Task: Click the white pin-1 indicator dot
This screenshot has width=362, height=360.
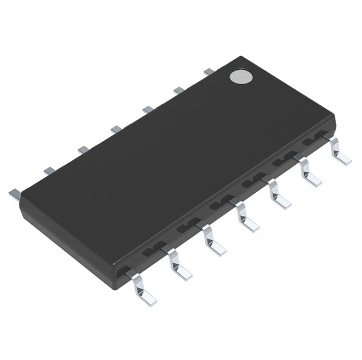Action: click(x=241, y=76)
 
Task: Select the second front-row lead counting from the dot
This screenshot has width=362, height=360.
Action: click(x=308, y=172)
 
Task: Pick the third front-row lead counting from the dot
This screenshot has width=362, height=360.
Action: click(x=277, y=195)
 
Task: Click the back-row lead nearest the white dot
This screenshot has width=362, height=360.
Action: click(x=209, y=72)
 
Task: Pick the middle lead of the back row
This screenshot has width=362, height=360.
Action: click(x=116, y=129)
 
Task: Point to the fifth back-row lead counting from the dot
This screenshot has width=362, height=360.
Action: click(x=83, y=149)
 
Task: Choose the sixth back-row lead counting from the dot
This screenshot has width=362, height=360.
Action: click(x=49, y=170)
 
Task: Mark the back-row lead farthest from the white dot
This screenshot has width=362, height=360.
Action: click(x=14, y=193)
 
